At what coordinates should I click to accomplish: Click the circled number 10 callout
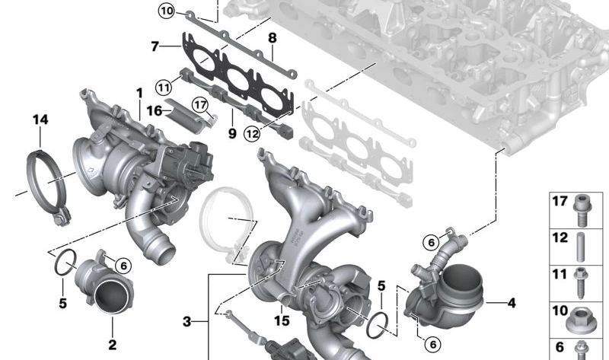click(167, 11)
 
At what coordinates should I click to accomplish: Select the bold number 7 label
click(155, 46)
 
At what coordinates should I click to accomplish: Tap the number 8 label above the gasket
click(273, 37)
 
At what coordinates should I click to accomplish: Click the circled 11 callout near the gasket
click(164, 87)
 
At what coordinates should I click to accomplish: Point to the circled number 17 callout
click(200, 105)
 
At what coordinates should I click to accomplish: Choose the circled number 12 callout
click(252, 134)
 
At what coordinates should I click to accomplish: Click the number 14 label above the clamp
click(40, 119)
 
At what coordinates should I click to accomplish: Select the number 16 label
click(155, 110)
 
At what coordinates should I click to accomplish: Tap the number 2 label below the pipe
click(112, 344)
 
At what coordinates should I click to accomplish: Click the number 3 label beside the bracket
click(187, 321)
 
